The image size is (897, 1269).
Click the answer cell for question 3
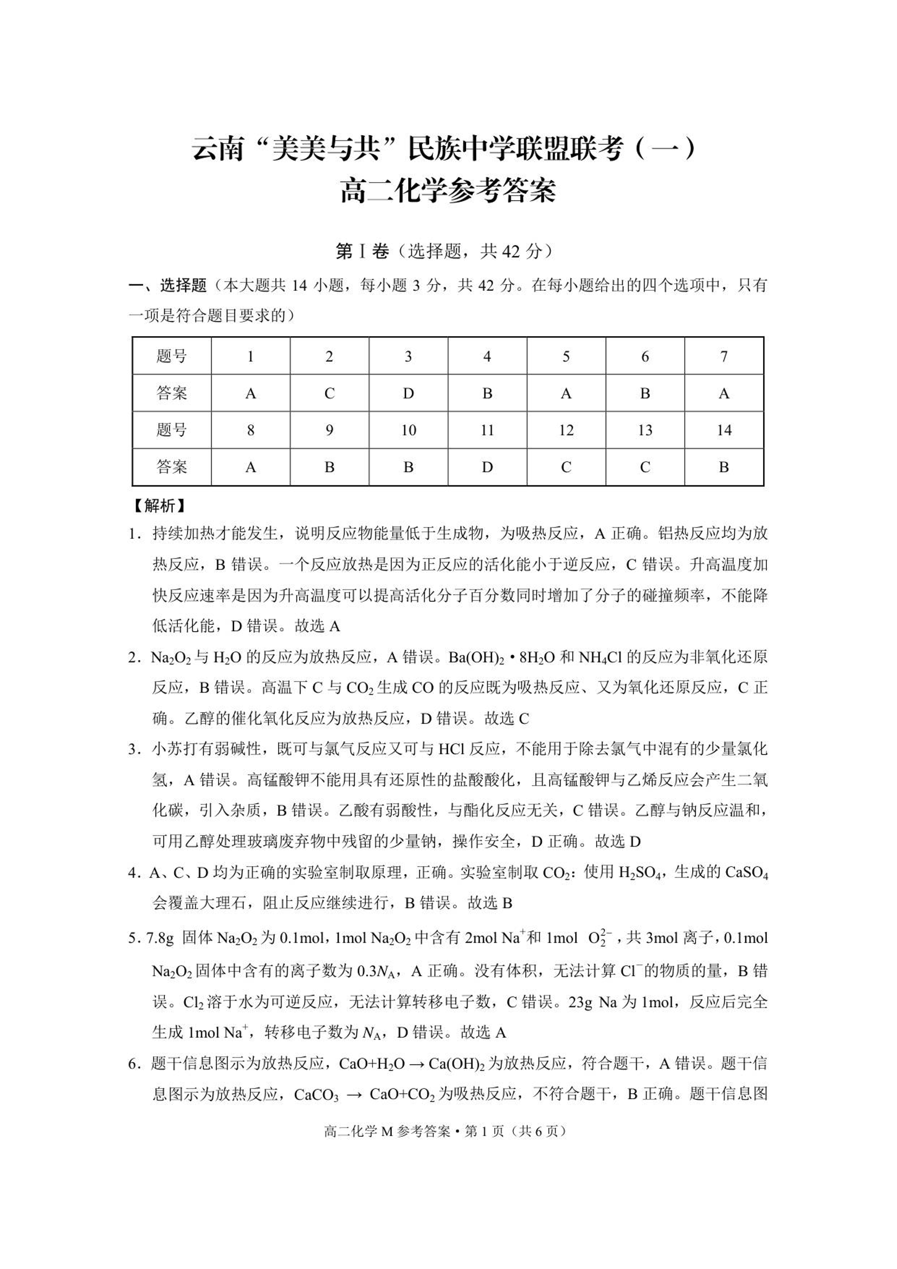click(x=408, y=393)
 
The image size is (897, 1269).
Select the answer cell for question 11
click(x=487, y=467)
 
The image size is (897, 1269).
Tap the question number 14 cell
click(x=724, y=430)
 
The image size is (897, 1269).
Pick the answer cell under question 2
click(x=329, y=393)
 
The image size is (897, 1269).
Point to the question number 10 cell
click(x=408, y=430)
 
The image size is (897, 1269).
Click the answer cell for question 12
click(x=566, y=467)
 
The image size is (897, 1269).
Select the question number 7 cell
click(x=724, y=356)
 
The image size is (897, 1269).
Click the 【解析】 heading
click(x=160, y=505)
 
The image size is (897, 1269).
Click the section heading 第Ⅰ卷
click(x=362, y=252)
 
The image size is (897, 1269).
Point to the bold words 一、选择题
click(x=168, y=286)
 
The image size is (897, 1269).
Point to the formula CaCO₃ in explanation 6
click(x=316, y=1095)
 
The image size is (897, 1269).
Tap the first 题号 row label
click(x=172, y=356)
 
